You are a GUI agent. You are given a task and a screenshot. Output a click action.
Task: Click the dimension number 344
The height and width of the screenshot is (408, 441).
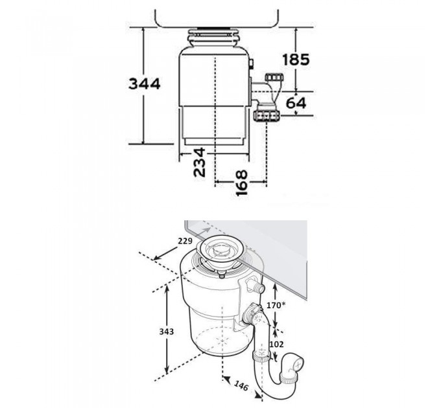point(144,84)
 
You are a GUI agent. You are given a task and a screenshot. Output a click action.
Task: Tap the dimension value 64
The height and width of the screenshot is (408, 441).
point(295,103)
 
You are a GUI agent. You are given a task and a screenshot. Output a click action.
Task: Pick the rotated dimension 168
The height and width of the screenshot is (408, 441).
point(241,182)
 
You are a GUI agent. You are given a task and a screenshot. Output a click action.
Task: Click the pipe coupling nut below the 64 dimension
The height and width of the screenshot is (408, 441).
point(267,117)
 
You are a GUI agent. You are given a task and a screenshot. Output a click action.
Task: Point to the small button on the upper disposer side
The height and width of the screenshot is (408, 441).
point(251,64)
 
